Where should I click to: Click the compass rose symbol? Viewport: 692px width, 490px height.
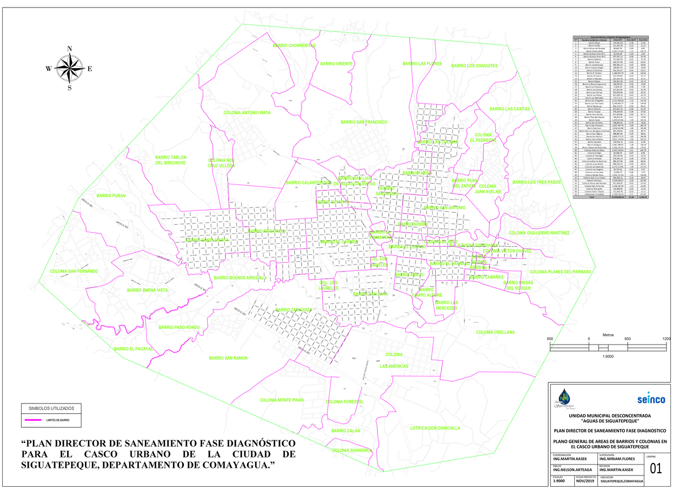[69, 68]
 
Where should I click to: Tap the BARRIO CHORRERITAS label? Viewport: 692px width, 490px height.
[294, 46]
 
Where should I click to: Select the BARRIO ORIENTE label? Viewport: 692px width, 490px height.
[336, 64]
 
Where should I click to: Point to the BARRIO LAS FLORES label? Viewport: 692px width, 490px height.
[422, 64]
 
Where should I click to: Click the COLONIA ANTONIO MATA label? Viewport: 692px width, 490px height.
[247, 113]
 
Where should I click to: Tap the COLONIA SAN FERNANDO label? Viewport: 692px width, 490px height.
[74, 271]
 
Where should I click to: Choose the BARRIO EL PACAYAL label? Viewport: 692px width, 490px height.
[134, 349]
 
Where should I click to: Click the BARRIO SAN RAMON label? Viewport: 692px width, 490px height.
[228, 358]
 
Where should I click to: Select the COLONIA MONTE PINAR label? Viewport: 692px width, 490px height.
[282, 400]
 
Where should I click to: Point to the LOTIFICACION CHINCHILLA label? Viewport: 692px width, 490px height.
[435, 428]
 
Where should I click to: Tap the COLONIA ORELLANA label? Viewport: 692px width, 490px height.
[495, 333]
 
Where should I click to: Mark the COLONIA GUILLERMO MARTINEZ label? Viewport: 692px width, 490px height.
[539, 233]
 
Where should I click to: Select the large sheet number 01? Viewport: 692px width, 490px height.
[655, 469]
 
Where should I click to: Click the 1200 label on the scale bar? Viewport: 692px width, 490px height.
[667, 339]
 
